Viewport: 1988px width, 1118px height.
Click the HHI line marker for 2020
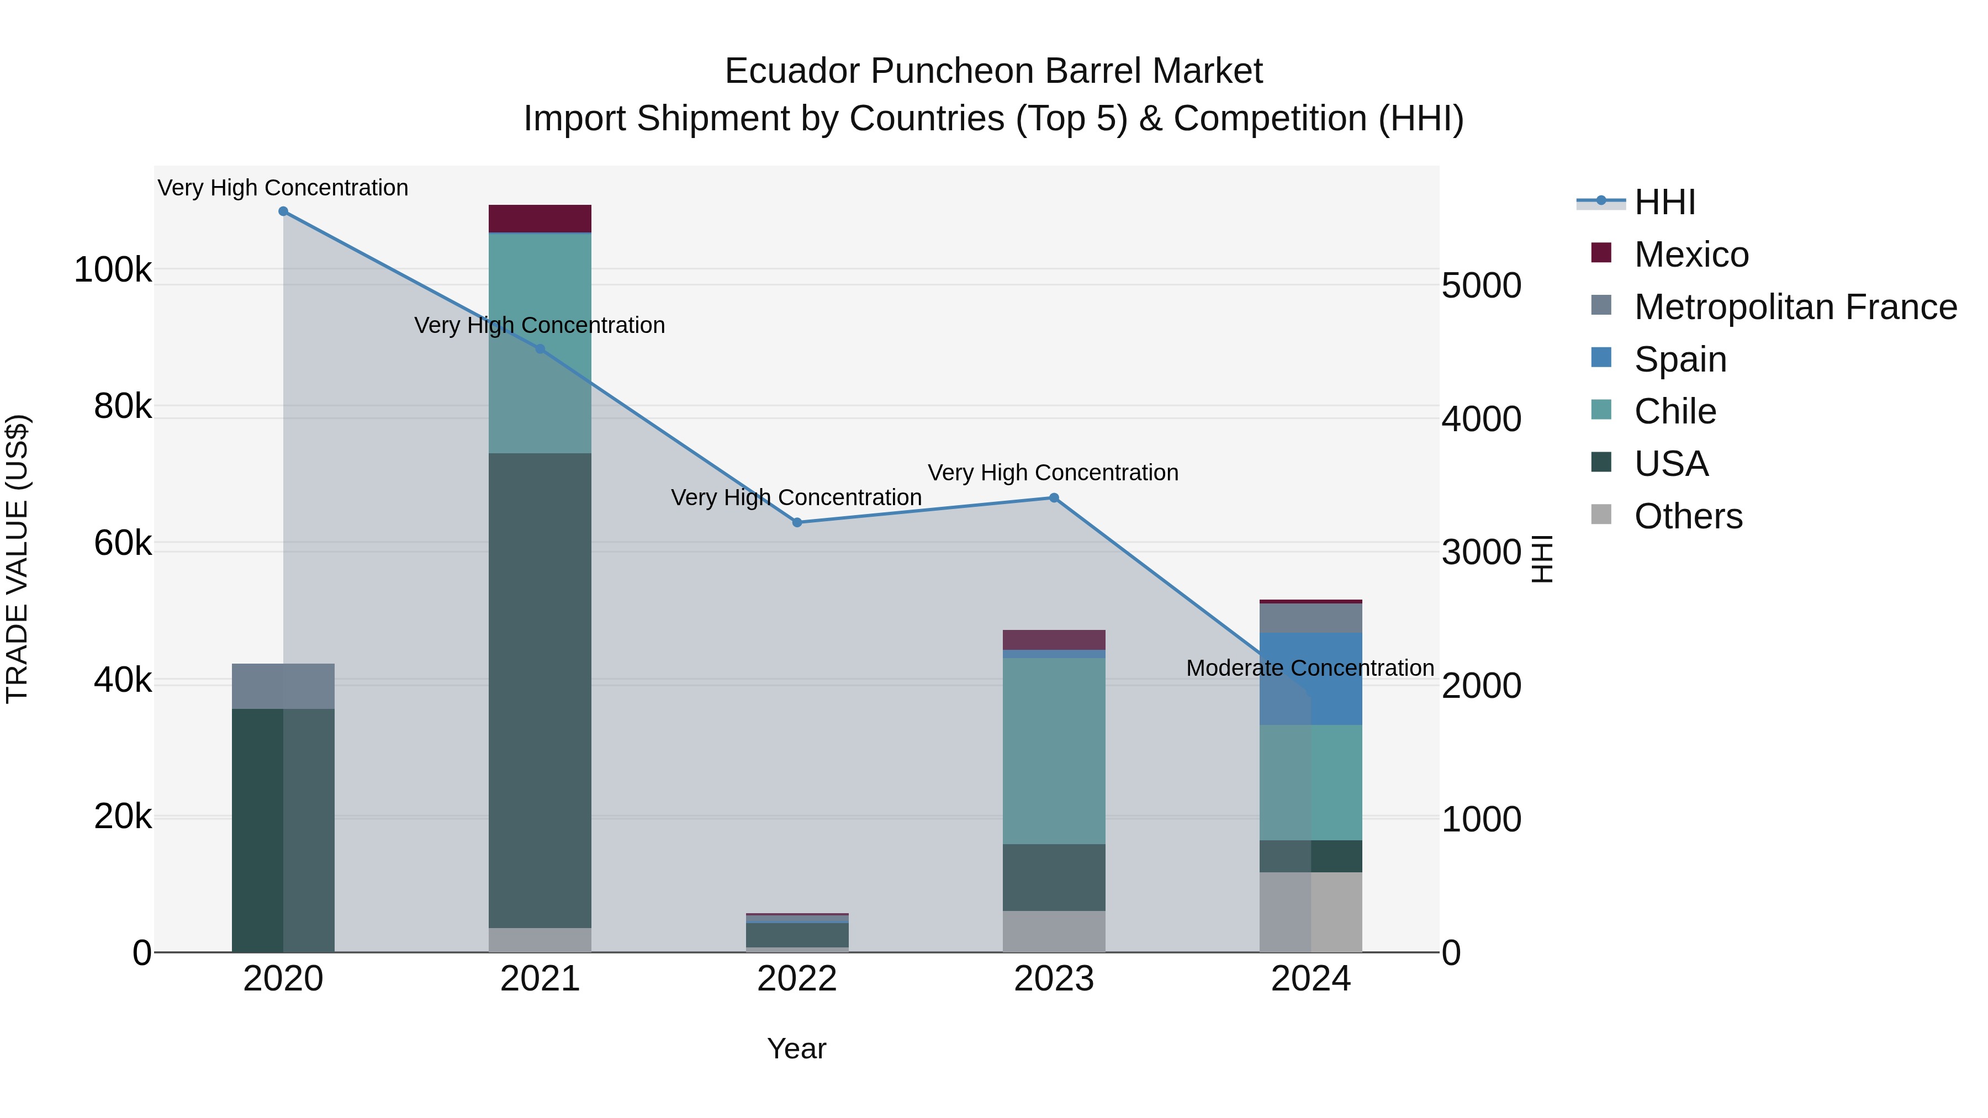[x=283, y=211]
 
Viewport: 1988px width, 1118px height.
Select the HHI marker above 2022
[x=797, y=522]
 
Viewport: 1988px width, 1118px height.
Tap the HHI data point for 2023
[x=1054, y=497]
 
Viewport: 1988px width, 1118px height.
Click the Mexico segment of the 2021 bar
[x=540, y=218]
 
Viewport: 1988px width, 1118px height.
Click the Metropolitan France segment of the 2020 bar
[x=283, y=686]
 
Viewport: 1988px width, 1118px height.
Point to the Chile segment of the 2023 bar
[x=1054, y=751]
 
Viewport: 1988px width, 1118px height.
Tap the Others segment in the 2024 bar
[x=1310, y=912]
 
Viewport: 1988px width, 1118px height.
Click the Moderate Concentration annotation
[x=1310, y=668]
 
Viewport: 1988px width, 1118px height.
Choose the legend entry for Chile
[x=1675, y=411]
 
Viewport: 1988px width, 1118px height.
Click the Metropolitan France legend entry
[x=1795, y=307]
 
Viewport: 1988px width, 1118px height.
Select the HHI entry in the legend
[x=1664, y=202]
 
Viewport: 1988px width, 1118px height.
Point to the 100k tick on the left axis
[x=113, y=270]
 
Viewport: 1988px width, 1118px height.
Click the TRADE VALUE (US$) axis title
[x=17, y=559]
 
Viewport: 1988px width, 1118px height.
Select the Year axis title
[x=796, y=1048]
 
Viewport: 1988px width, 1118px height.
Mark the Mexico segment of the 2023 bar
[x=1054, y=640]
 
